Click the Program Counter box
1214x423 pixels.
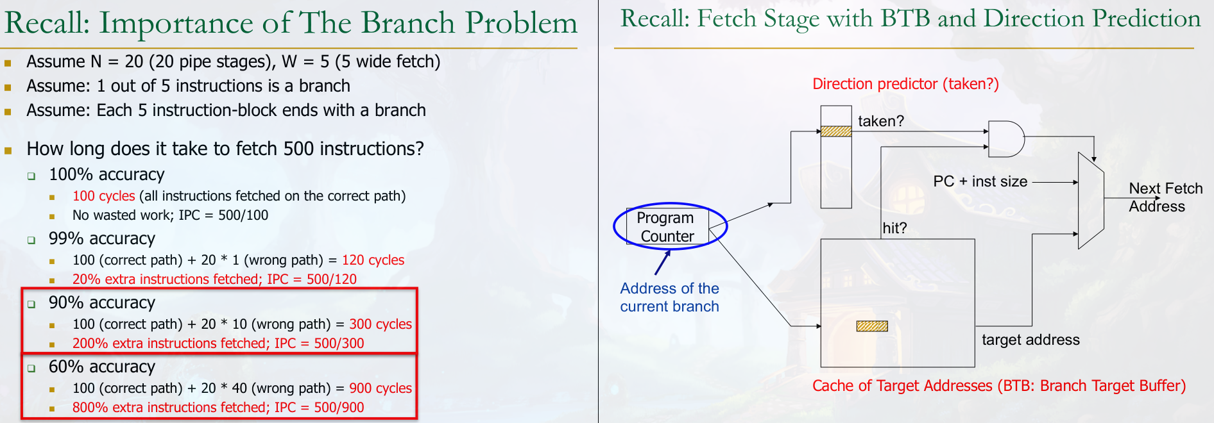pos(667,227)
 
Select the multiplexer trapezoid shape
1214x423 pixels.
pos(1091,201)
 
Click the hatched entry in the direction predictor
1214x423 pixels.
pos(836,131)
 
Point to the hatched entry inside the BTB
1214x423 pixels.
pos(872,326)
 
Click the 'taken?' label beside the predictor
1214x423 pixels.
pos(881,121)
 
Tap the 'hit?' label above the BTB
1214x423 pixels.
pos(894,228)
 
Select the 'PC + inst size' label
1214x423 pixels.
pos(980,181)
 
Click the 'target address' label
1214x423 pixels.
pos(1030,340)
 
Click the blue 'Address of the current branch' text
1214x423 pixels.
pos(669,297)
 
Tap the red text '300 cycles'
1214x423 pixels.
pos(380,324)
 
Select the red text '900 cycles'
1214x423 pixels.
pos(380,388)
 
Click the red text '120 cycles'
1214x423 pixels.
pos(373,260)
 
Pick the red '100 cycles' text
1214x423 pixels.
pos(104,196)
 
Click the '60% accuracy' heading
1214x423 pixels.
pos(102,367)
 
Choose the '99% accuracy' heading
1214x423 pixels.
pos(102,238)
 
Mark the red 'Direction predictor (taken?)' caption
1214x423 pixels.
pos(905,84)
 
